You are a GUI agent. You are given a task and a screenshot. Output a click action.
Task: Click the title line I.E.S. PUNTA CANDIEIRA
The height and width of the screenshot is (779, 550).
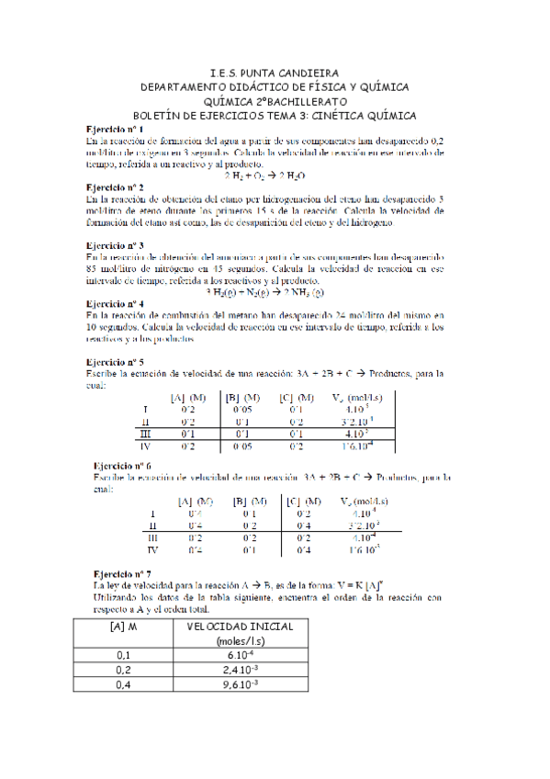click(x=274, y=72)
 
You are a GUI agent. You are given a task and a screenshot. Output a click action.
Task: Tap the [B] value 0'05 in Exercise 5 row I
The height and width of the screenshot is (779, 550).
click(x=245, y=410)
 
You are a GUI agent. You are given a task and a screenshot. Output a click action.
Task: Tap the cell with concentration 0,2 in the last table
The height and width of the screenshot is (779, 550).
click(x=123, y=670)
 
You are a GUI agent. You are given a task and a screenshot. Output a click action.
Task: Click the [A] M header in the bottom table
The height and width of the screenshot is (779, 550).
click(x=123, y=626)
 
